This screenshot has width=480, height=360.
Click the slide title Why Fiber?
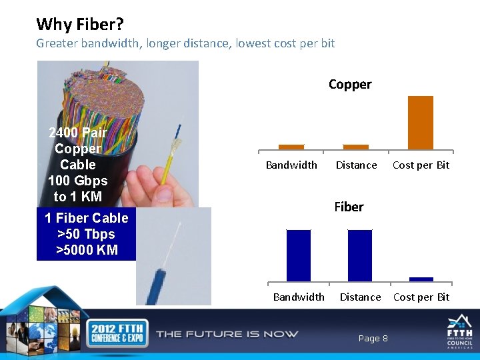pyautogui.click(x=80, y=25)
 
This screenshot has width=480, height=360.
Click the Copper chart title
pyautogui.click(x=349, y=85)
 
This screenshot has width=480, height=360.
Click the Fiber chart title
pyautogui.click(x=349, y=207)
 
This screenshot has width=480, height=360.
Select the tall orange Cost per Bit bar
pyautogui.click(x=420, y=123)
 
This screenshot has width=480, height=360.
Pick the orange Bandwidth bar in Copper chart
pyautogui.click(x=291, y=147)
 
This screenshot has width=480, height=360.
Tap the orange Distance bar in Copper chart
pyautogui.click(x=355, y=147)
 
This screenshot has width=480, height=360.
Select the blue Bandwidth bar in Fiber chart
pyautogui.click(x=299, y=255)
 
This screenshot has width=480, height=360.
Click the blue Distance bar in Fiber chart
pyautogui.click(x=360, y=255)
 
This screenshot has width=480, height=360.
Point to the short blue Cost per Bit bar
pyautogui.click(x=421, y=279)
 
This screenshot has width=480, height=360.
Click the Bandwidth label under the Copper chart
pyautogui.click(x=291, y=165)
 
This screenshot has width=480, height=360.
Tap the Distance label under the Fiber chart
pyautogui.click(x=360, y=297)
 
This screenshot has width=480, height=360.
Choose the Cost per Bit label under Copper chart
pyautogui.click(x=421, y=165)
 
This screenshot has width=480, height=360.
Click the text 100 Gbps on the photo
pyautogui.click(x=77, y=181)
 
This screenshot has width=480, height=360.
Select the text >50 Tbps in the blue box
pyautogui.click(x=86, y=235)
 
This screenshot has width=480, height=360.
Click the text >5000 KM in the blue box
pyautogui.click(x=87, y=251)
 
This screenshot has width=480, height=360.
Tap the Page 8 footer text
pyautogui.click(x=373, y=339)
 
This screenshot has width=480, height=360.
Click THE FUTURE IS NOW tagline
pyautogui.click(x=227, y=334)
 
